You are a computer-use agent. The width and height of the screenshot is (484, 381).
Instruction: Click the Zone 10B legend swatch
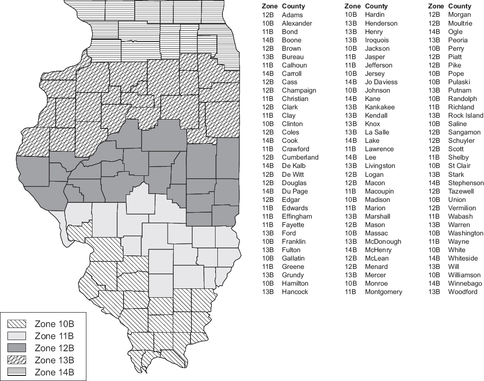point(18,324)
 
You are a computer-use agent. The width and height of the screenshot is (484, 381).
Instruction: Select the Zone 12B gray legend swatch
point(18,348)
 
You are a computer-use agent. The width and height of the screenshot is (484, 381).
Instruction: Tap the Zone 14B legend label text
point(54,372)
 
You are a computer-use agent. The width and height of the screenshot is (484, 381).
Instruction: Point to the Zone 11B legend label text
point(54,336)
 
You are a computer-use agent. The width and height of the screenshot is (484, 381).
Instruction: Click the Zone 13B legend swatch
point(18,360)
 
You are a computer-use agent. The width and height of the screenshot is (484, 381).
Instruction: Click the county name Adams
point(292,15)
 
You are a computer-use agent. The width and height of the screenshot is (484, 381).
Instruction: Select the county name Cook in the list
point(290,140)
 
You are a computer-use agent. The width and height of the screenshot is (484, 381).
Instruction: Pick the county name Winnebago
point(465,283)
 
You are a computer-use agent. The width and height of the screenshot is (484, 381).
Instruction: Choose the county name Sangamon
point(464,132)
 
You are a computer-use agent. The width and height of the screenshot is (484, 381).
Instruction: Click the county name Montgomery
point(384,292)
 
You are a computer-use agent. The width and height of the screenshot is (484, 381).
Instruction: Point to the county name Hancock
point(295,292)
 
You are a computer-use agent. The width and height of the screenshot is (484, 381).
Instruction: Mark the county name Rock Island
point(465,115)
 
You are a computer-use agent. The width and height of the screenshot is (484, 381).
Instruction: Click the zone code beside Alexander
point(268,23)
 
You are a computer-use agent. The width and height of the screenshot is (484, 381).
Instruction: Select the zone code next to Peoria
point(434,40)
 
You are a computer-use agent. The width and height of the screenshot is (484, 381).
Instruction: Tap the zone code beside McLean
point(350,258)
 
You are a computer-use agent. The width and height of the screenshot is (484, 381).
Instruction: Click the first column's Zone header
point(269,6)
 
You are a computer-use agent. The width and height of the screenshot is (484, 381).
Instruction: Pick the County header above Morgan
point(460,6)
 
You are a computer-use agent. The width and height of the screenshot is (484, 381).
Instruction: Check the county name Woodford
point(463,292)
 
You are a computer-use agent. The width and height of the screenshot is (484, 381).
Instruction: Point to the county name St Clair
point(459,166)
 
